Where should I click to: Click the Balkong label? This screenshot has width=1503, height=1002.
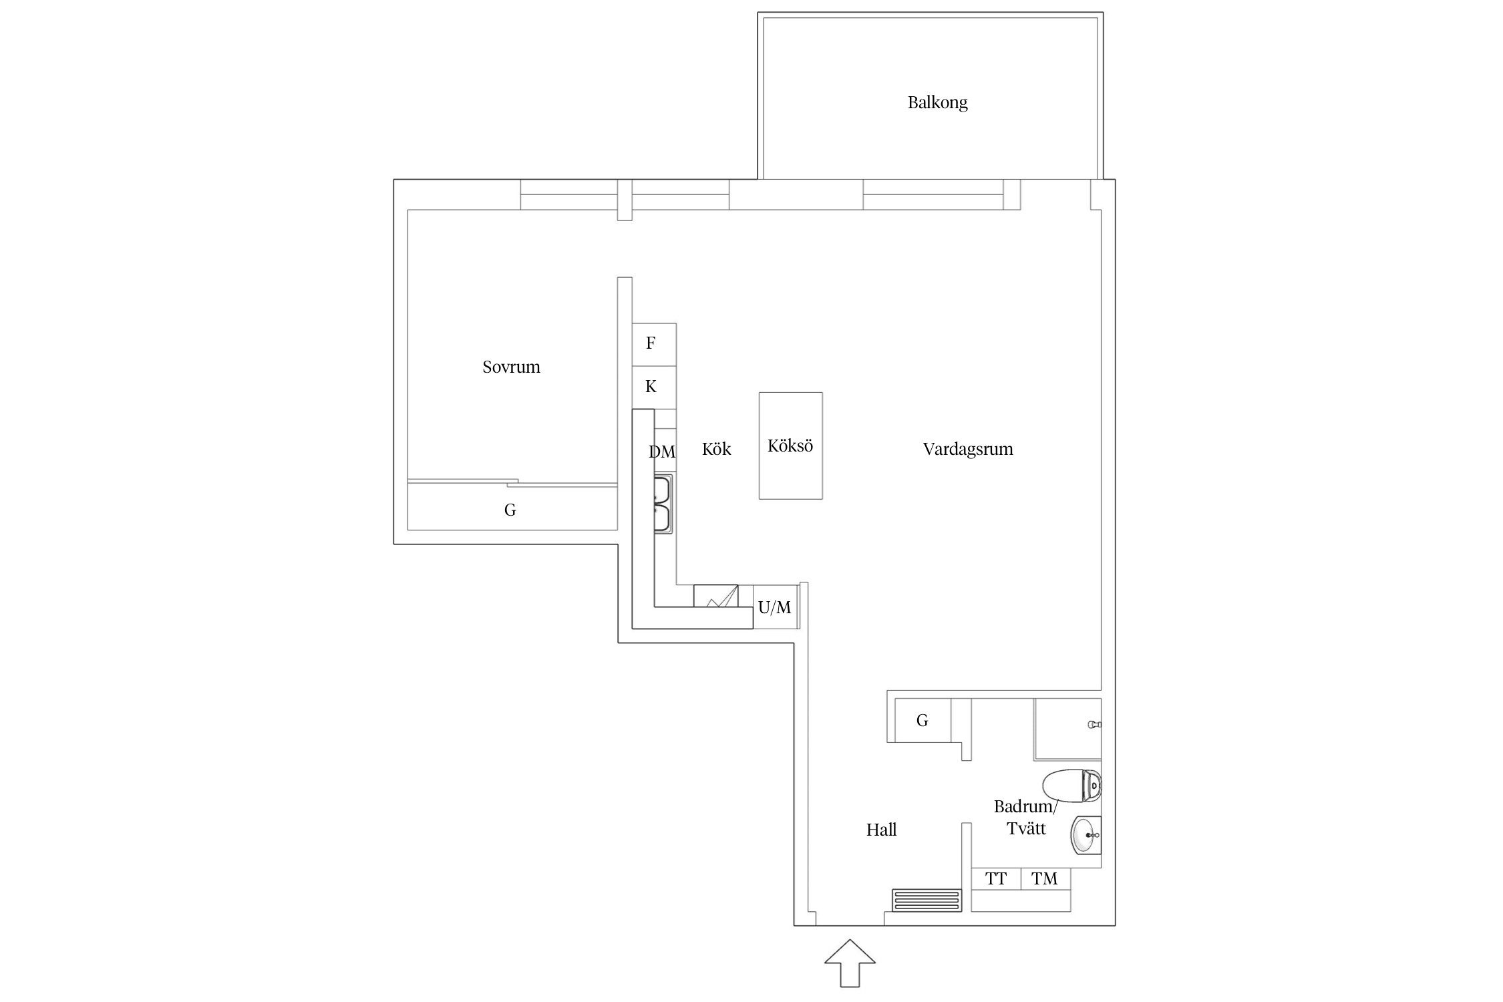pyautogui.click(x=937, y=102)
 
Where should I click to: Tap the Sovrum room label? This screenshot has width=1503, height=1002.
pyautogui.click(x=511, y=367)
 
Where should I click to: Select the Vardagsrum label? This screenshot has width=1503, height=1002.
pyautogui.click(x=968, y=450)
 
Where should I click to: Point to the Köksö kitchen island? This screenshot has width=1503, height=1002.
pyautogui.click(x=790, y=446)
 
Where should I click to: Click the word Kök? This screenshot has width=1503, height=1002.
pyautogui.click(x=716, y=450)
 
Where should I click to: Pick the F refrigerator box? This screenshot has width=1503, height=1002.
pyautogui.click(x=654, y=345)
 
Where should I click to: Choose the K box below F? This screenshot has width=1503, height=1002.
pyautogui.click(x=654, y=387)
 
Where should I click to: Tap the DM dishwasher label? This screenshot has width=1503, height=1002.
pyautogui.click(x=662, y=452)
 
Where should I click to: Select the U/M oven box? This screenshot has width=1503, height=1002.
pyautogui.click(x=776, y=607)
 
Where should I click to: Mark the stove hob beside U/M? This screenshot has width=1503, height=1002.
pyautogui.click(x=715, y=596)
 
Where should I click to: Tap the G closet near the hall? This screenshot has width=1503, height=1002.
pyautogui.click(x=923, y=720)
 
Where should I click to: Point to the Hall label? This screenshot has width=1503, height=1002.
pyautogui.click(x=881, y=830)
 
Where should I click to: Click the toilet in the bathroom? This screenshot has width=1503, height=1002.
pyautogui.click(x=1071, y=786)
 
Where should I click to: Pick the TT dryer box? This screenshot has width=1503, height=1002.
pyautogui.click(x=996, y=879)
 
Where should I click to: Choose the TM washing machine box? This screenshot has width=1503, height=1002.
pyautogui.click(x=1045, y=879)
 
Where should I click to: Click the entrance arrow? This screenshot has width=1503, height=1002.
pyautogui.click(x=850, y=963)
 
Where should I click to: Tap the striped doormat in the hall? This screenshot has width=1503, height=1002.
pyautogui.click(x=927, y=900)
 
